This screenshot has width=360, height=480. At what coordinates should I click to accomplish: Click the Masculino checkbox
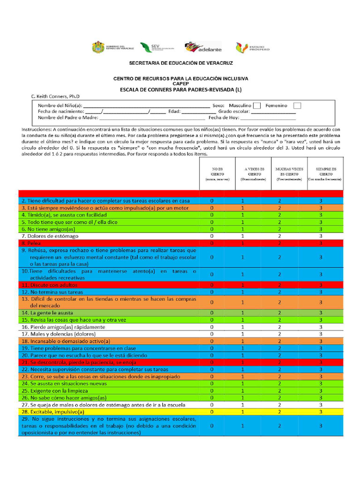click(x=256, y=105)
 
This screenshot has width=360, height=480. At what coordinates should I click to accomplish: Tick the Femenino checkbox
click(x=297, y=105)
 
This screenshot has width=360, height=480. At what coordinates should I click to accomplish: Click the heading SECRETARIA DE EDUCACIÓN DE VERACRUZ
click(x=180, y=63)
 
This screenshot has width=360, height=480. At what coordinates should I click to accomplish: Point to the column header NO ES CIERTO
click(x=217, y=174)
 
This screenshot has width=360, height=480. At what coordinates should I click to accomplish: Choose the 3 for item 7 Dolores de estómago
click(x=321, y=236)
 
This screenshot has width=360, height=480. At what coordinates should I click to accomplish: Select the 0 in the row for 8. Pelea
click(x=212, y=243)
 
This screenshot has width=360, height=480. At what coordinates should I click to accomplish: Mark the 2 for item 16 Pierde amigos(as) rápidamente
click(x=279, y=327)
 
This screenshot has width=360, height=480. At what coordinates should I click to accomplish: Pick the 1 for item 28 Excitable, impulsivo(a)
click(x=242, y=411)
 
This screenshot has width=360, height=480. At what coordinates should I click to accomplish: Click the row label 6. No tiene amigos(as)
click(x=48, y=229)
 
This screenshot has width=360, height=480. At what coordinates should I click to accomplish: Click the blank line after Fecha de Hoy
click(x=269, y=118)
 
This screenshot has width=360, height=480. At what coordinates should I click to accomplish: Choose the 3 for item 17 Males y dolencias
click(x=321, y=334)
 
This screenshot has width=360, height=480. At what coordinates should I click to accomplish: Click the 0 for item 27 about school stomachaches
click(x=212, y=404)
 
